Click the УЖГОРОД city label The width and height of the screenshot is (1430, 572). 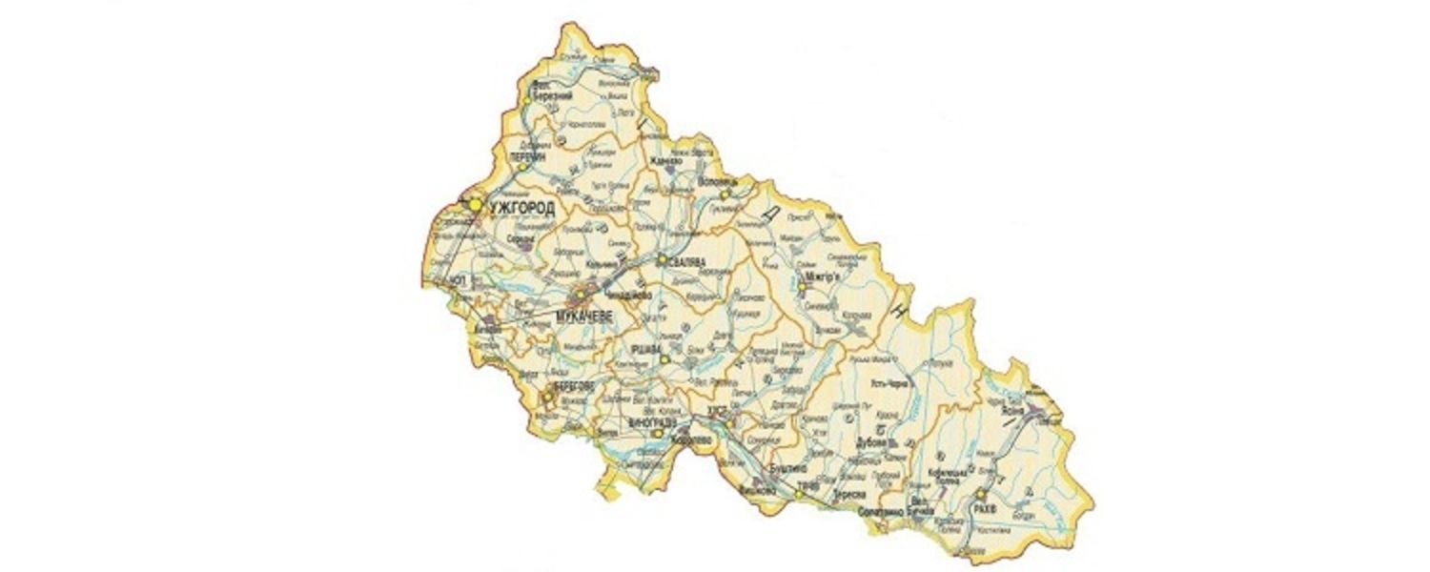521,206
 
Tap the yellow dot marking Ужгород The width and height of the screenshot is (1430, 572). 474,203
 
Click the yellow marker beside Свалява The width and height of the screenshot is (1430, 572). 662,257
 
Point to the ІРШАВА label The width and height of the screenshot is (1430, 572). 645,348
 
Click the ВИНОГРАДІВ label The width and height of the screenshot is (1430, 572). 653,421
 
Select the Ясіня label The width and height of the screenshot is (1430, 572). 1012,411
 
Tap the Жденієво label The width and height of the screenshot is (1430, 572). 665,161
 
